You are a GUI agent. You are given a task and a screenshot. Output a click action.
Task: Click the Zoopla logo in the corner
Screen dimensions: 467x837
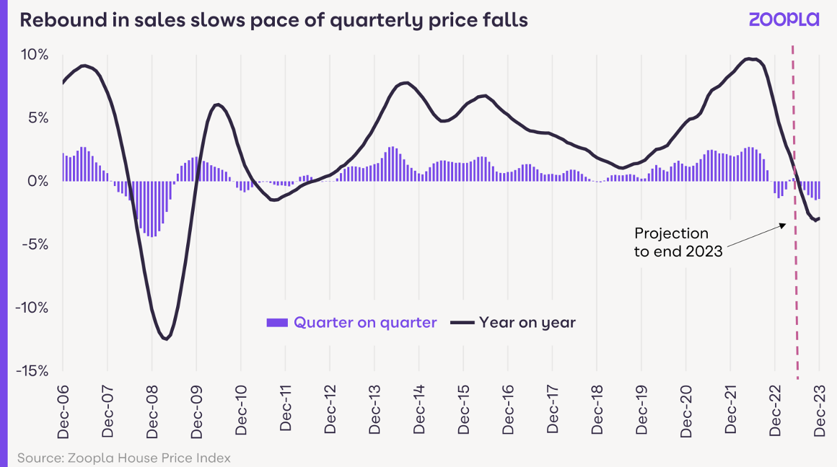tap(784, 19)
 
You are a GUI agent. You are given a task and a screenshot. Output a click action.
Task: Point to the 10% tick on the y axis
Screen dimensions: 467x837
tap(34, 55)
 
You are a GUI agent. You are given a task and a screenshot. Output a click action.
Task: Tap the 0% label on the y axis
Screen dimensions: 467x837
tap(38, 181)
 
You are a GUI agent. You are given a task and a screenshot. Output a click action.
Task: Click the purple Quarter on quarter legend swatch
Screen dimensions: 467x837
tap(276, 323)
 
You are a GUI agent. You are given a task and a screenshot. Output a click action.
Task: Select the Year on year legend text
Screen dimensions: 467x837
tap(527, 323)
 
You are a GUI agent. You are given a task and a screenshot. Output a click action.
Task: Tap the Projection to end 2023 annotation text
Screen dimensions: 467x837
tap(678, 242)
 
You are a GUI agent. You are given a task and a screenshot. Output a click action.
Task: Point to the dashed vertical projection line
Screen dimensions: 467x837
tap(796, 288)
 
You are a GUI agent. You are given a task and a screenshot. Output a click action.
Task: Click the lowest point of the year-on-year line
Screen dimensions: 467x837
tap(167, 339)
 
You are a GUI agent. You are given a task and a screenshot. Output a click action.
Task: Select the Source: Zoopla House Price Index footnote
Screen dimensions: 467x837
tap(123, 458)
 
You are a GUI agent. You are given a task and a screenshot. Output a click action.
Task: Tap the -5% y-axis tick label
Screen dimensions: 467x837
tap(35, 244)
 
